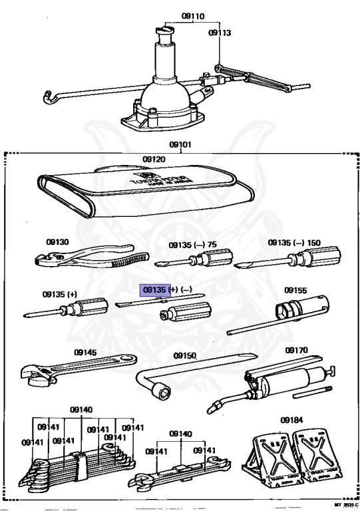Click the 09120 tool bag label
coord(153,160)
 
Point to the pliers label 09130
coord(58,242)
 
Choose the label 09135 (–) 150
coord(294,244)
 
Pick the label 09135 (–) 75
coord(192,244)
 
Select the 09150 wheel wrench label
coord(185,356)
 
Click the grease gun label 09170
coord(296,350)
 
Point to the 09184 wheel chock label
coord(291,420)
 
